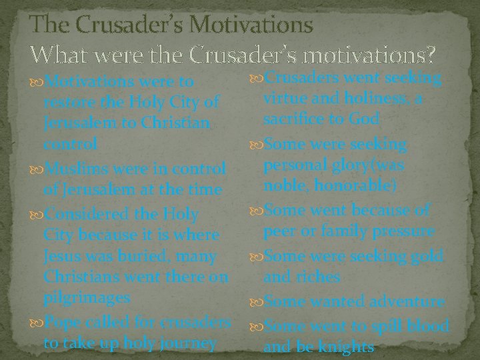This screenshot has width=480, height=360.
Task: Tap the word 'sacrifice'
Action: pyautogui.click(x=297, y=120)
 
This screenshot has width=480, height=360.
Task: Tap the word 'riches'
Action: pyautogui.click(x=321, y=276)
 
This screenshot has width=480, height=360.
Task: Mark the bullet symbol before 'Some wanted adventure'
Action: pyautogui.click(x=257, y=301)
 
